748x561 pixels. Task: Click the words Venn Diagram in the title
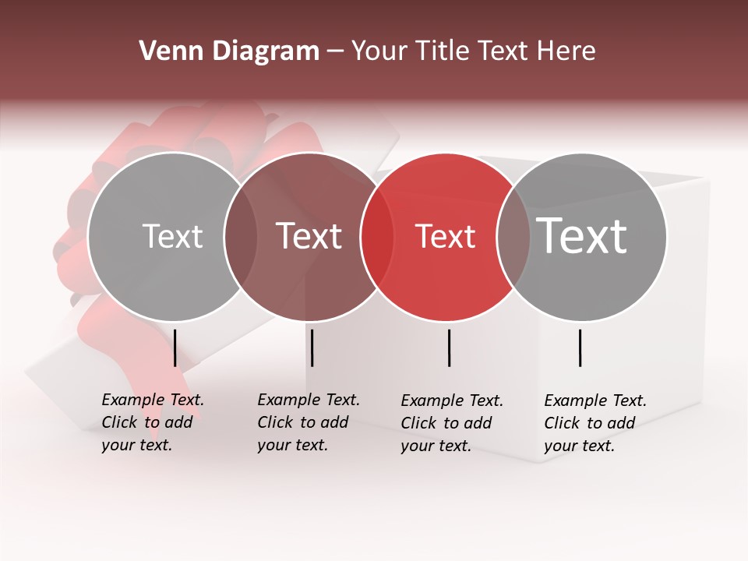[229, 51]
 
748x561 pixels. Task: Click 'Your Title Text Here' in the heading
[473, 51]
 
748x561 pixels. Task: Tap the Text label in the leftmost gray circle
[172, 236]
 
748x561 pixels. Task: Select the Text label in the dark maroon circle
[309, 236]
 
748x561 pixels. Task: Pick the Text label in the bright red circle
[445, 236]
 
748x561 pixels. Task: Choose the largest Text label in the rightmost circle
[582, 235]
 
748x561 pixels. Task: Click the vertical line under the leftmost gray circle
[175, 348]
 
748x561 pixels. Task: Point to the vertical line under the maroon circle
[312, 348]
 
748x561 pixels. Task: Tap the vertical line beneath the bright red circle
[450, 348]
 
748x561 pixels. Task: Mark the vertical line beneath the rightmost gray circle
[580, 348]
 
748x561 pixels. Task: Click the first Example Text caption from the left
[152, 422]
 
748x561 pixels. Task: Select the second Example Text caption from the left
[308, 422]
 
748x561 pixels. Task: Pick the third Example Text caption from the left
[451, 423]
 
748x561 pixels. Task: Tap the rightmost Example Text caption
[595, 423]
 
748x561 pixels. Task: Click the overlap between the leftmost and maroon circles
[241, 236]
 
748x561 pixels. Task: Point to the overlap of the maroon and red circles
[376, 236]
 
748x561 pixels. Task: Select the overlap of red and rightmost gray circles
[513, 236]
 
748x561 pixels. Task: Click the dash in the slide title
[335, 51]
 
